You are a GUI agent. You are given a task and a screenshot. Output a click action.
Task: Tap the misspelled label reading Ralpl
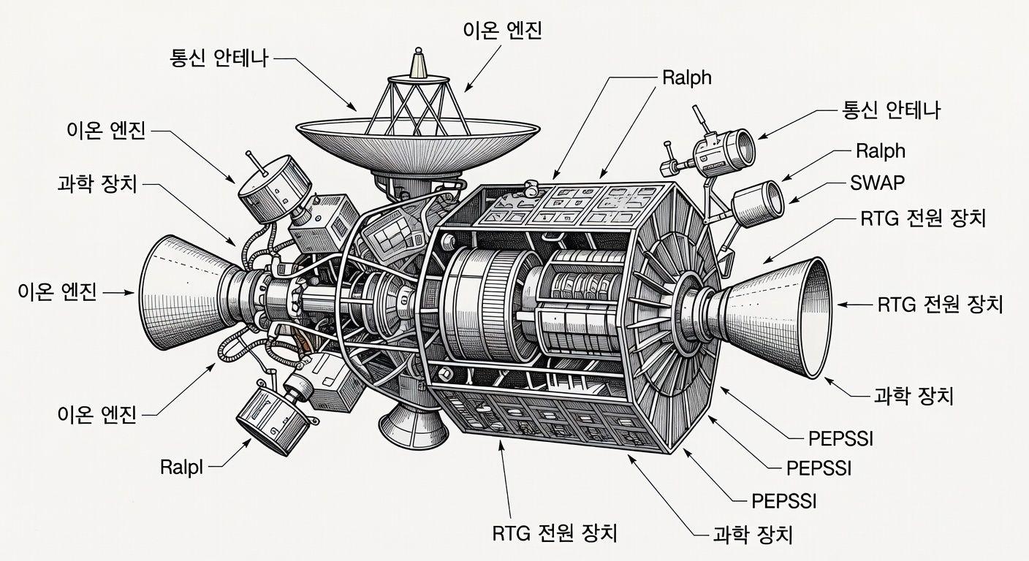pos(181,467)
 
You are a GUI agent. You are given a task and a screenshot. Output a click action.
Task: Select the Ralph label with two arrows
pos(686,78)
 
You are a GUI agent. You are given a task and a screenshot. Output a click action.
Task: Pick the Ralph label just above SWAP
pos(880,151)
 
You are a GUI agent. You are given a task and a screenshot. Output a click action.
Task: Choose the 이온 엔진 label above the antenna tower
pos(503,31)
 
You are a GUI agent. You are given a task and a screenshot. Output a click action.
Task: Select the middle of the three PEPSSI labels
pos(819,467)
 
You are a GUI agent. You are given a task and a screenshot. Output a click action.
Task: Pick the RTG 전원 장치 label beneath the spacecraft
pos(555,533)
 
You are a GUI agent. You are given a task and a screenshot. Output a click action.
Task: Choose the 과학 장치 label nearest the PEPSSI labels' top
pos(913,396)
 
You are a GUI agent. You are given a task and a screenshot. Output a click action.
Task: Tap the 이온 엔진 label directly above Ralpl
pos(96,414)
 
